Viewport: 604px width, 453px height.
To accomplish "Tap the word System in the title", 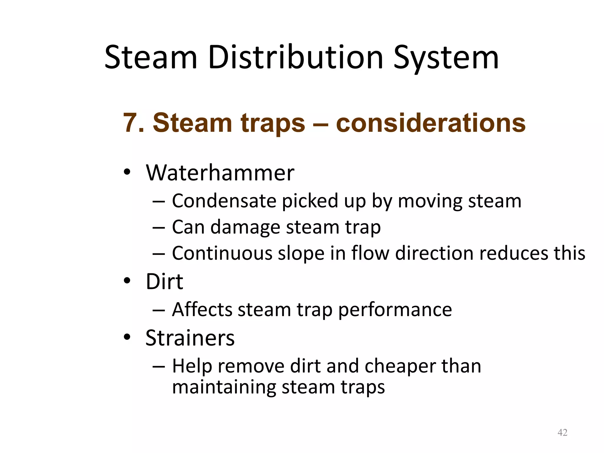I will (446, 58).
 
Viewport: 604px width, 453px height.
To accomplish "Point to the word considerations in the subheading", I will (431, 123).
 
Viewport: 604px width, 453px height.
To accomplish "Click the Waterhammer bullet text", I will (220, 173).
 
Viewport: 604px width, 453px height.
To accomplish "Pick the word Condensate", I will (224, 201).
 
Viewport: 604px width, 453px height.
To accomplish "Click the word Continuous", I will (222, 253).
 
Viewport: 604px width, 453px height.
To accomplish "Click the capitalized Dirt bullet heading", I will (164, 282).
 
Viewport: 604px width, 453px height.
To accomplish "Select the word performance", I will (395, 310).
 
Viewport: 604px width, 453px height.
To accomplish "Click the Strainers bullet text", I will (190, 338).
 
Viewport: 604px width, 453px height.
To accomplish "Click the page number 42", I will (562, 433).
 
